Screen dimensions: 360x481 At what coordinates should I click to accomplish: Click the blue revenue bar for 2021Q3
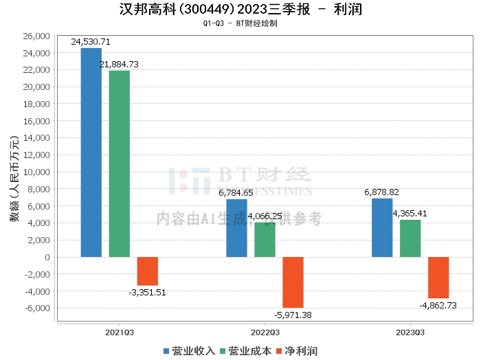click(x=91, y=153)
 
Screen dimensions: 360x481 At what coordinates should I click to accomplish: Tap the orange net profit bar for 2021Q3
click(x=148, y=271)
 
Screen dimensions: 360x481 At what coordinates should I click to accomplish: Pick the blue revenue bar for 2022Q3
click(x=237, y=228)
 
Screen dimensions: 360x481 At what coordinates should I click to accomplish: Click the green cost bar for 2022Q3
click(x=265, y=240)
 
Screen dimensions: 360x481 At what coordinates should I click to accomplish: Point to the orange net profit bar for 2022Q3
click(x=293, y=282)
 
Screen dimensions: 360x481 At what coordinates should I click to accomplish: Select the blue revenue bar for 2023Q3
click(x=382, y=227)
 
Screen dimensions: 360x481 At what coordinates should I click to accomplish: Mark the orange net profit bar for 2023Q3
click(x=438, y=278)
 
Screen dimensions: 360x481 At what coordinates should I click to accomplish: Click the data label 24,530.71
click(x=91, y=42)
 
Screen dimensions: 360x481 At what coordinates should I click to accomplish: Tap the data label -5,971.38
click(x=293, y=315)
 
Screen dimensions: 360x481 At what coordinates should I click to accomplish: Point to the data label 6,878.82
click(x=382, y=192)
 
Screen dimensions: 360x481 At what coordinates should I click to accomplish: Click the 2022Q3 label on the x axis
click(x=265, y=331)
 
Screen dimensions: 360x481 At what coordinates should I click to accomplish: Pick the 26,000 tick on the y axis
click(x=38, y=36)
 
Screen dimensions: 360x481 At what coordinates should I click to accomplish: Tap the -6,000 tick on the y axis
click(x=38, y=308)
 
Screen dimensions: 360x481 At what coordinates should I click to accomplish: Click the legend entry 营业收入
click(x=189, y=351)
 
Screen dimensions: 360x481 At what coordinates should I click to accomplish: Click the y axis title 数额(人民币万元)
click(x=14, y=179)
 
